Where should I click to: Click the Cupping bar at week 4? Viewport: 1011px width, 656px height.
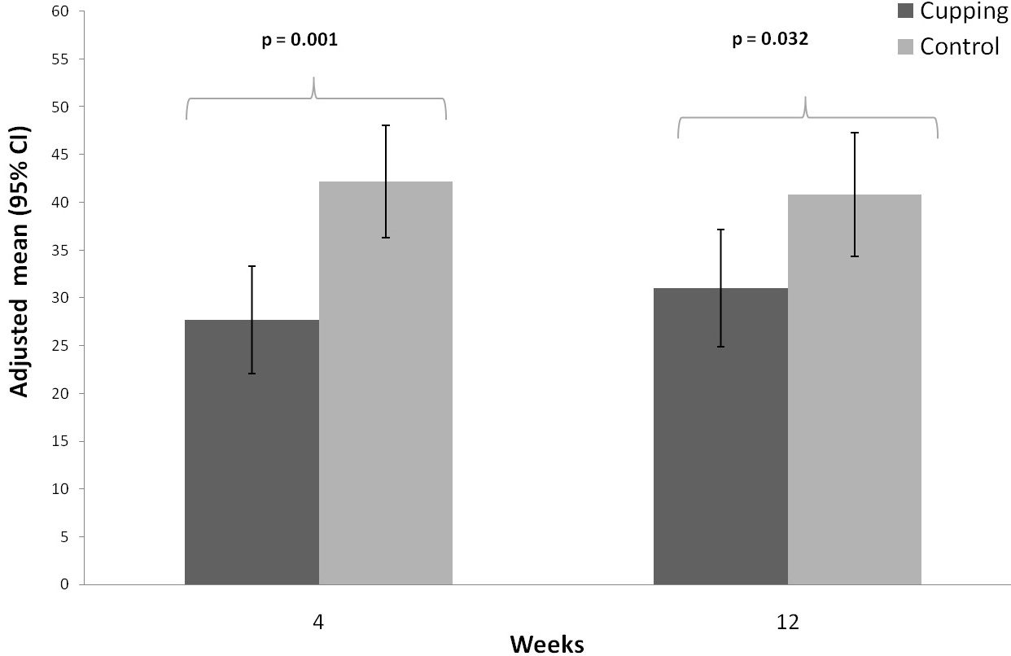[252, 452]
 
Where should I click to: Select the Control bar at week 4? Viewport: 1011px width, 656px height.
[386, 383]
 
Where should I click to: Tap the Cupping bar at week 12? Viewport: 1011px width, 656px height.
[720, 436]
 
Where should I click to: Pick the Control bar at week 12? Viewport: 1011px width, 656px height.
[855, 389]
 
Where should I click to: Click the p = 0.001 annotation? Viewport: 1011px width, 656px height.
[300, 40]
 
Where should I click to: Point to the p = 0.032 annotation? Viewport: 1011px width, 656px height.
[770, 39]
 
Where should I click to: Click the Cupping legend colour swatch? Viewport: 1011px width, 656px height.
[905, 11]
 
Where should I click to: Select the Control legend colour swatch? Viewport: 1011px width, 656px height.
[905, 46]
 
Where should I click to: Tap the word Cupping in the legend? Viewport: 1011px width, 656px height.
[964, 11]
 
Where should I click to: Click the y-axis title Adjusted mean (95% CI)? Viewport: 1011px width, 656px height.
[20, 262]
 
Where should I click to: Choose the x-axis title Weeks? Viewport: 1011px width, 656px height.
[547, 645]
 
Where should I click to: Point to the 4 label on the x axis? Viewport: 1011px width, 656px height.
[318, 622]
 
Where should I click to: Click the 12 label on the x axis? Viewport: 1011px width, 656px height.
[788, 622]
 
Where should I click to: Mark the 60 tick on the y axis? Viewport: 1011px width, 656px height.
[60, 11]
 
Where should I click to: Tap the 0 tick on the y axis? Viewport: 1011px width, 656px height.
[64, 584]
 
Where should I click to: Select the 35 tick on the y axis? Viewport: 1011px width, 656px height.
[60, 250]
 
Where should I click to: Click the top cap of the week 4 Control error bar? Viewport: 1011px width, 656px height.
[386, 125]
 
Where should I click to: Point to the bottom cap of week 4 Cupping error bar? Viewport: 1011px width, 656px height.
[252, 374]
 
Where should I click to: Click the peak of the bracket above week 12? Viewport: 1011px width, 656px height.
[805, 98]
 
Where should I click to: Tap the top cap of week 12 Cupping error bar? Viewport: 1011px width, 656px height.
[720, 230]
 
